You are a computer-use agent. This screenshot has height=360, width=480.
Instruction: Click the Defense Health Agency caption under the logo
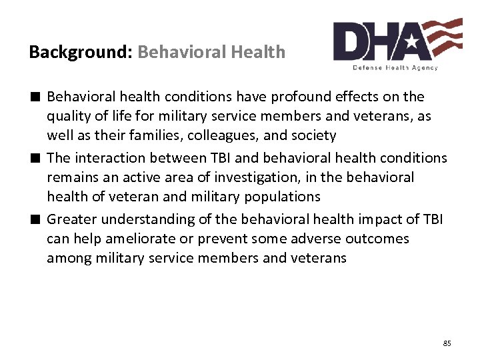(395, 67)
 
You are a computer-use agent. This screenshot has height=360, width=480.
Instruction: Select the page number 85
(447, 343)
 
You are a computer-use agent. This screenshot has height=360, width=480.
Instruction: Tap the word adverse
(328, 239)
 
